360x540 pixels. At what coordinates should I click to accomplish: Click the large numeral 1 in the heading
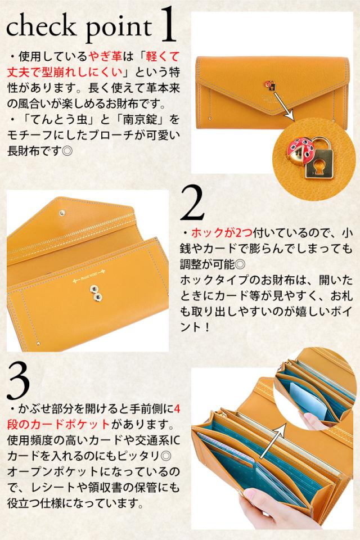point(168,26)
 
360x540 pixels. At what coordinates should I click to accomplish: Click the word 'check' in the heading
point(41,26)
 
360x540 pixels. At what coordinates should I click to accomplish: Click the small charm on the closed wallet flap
point(270,85)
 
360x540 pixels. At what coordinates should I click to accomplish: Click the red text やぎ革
point(106,56)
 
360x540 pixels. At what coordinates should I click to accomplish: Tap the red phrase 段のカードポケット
point(58,424)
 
